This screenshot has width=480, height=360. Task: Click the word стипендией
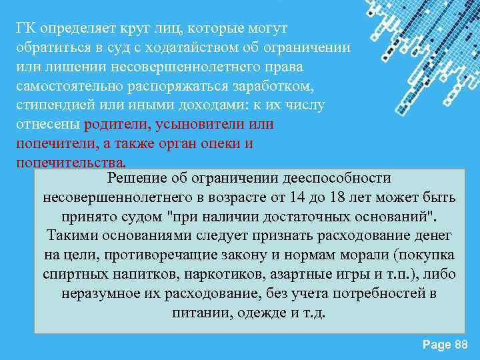(x=52, y=107)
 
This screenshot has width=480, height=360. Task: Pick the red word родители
(x=117, y=125)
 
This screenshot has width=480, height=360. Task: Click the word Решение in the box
(x=137, y=179)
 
